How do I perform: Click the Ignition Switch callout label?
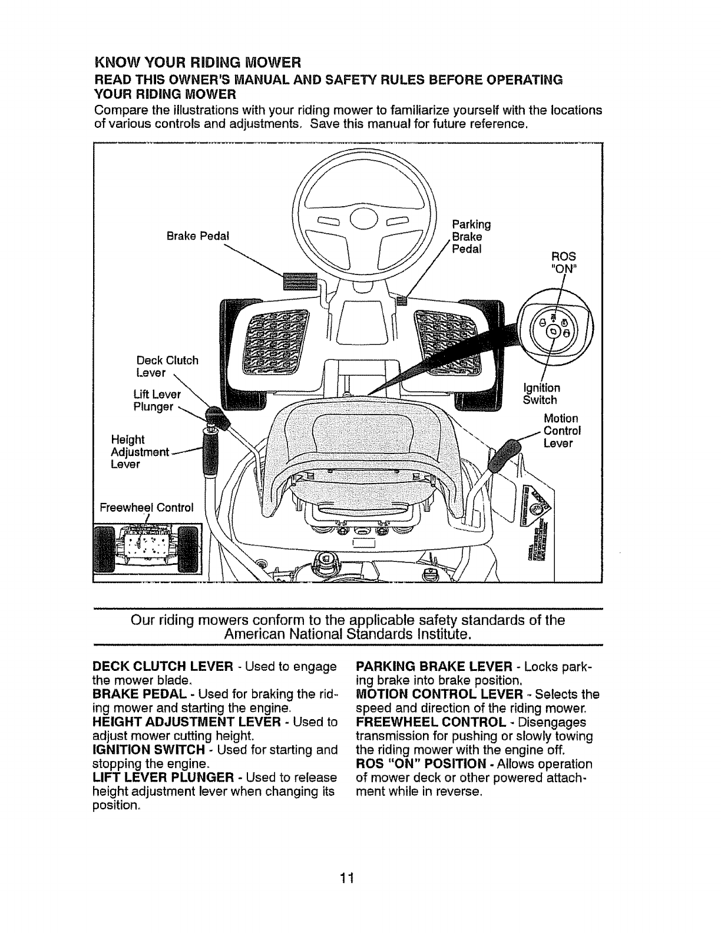tap(541, 393)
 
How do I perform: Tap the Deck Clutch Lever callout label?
tap(167, 366)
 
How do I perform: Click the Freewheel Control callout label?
tap(147, 507)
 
